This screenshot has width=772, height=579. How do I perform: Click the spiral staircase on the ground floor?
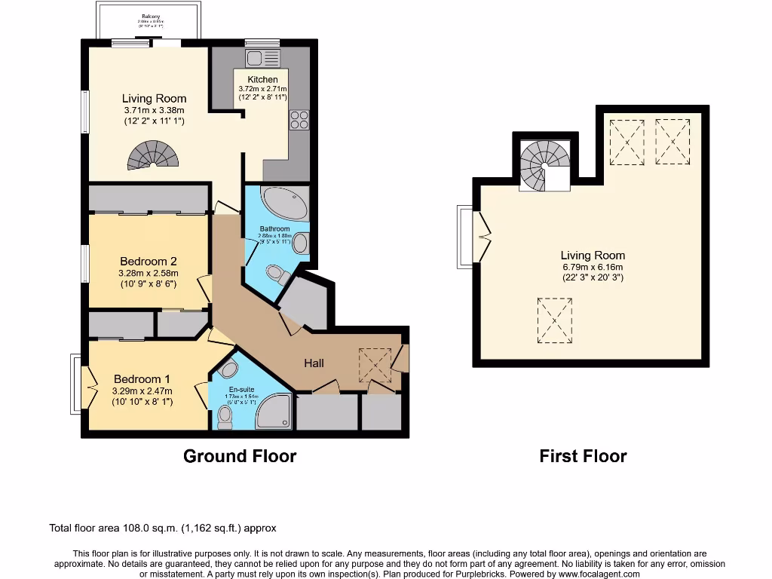155,155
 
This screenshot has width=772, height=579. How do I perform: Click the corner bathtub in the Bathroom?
284,202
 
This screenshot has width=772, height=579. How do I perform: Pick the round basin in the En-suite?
229,369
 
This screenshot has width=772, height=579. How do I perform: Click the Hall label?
314,363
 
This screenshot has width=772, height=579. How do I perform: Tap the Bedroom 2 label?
149,262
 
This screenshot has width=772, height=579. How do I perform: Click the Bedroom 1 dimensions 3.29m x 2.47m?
142,391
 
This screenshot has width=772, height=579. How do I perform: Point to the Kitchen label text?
262,79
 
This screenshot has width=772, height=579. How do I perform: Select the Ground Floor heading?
240,456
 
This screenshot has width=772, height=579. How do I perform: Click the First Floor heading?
583,456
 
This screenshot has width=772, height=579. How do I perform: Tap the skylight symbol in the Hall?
375,365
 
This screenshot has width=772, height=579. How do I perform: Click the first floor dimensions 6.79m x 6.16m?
593,267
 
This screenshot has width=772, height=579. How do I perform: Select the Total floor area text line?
167,528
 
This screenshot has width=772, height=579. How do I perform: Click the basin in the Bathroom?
300,244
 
